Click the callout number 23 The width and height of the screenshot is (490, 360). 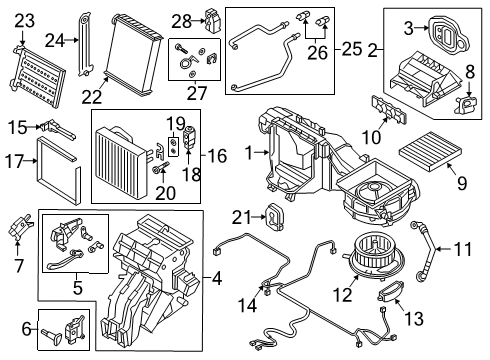[23, 19]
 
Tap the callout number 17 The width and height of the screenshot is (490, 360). [16, 160]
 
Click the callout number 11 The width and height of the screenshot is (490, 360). [464, 248]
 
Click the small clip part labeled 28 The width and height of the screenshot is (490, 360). [212, 19]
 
